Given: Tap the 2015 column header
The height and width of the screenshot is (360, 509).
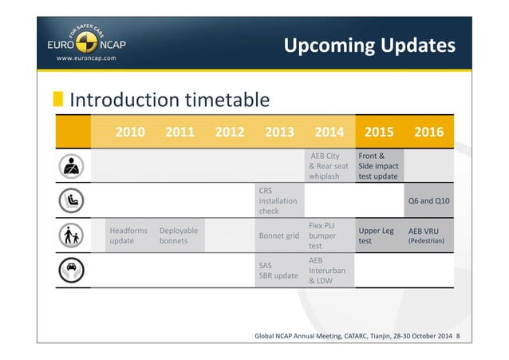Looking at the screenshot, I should [x=379, y=132].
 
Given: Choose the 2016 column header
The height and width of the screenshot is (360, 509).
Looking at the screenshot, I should [x=428, y=132].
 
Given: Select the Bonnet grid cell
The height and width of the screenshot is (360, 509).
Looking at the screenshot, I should [x=279, y=236].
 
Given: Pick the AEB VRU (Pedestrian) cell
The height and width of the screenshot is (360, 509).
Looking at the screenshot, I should [x=428, y=235].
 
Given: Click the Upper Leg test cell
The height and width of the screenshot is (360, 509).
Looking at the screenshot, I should [x=379, y=235].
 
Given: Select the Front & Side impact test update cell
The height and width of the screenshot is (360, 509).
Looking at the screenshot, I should [x=379, y=166].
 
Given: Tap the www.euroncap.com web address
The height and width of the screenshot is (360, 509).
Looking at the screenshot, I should [x=85, y=58].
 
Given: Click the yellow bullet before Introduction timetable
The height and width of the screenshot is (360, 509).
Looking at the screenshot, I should [x=58, y=100].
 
